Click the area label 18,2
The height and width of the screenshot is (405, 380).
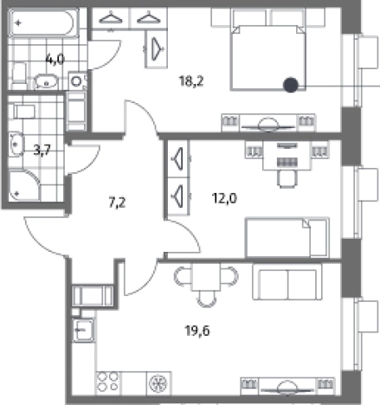click(x=191, y=81)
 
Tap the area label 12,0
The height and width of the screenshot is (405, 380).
click(x=224, y=198)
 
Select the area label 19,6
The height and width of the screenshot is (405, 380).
click(x=197, y=331)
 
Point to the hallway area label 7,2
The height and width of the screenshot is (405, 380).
click(x=117, y=202)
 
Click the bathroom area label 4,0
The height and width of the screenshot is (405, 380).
click(x=55, y=60)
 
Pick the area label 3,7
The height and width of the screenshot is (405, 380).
click(x=42, y=150)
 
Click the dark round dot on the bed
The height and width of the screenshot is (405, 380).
click(x=291, y=85)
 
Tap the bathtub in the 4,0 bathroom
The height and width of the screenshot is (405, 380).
click(x=43, y=23)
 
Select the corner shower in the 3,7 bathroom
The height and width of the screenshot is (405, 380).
click(x=24, y=185)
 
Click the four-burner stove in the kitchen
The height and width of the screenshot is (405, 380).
click(x=108, y=382)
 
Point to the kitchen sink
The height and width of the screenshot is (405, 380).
click(x=83, y=330)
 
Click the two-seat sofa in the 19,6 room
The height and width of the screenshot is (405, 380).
click(x=287, y=281)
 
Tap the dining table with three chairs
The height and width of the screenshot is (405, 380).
click(x=206, y=284)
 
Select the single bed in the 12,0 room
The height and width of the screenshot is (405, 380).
click(x=287, y=237)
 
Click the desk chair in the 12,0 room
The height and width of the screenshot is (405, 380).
click(x=287, y=178)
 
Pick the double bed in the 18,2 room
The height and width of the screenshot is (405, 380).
click(x=268, y=58)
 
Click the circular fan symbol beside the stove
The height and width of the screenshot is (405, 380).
click(x=158, y=383)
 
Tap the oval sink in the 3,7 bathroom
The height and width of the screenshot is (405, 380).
click(x=16, y=144)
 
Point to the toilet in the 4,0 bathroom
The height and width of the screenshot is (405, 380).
click(x=19, y=75)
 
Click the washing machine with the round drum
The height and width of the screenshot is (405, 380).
click(x=77, y=81)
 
